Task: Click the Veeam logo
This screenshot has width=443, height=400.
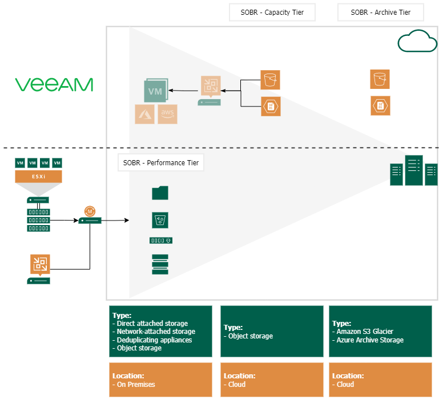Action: click(x=54, y=85)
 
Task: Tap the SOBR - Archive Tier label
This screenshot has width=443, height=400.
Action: click(x=381, y=12)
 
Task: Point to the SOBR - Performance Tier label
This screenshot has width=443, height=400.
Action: click(x=161, y=163)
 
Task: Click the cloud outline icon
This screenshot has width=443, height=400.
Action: click(x=417, y=42)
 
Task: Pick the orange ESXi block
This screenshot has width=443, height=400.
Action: click(x=38, y=177)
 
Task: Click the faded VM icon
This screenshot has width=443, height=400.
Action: click(x=156, y=91)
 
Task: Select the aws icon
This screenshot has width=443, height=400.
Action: click(x=167, y=114)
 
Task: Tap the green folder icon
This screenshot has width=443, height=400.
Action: click(x=160, y=193)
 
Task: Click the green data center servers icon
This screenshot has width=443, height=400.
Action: click(x=413, y=170)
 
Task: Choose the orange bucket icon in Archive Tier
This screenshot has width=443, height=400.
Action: click(x=379, y=79)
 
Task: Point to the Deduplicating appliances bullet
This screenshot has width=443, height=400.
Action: click(x=154, y=340)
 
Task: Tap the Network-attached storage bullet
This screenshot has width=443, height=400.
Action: click(x=155, y=332)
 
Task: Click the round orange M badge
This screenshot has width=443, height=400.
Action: click(x=90, y=211)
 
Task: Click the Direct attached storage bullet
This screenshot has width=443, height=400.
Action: click(x=151, y=324)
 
